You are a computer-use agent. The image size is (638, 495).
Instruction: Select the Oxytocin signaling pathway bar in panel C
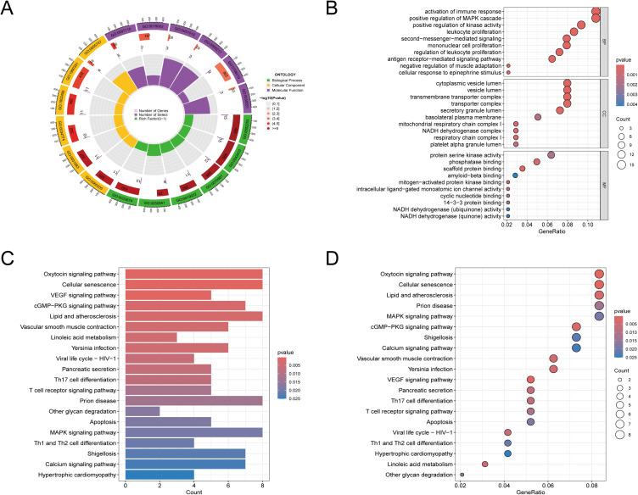(x=193, y=274)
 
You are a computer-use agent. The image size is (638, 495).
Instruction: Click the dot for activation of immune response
(x=596, y=11)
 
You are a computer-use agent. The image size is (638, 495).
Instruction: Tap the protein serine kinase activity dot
(x=551, y=155)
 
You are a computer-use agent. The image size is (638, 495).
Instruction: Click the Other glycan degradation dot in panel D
(x=462, y=475)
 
